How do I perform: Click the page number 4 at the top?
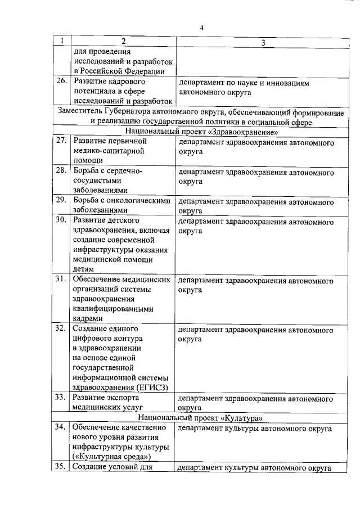pyautogui.click(x=201, y=28)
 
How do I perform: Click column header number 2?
pyautogui.click(x=122, y=42)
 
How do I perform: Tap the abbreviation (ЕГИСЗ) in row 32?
pyautogui.click(x=152, y=387)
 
